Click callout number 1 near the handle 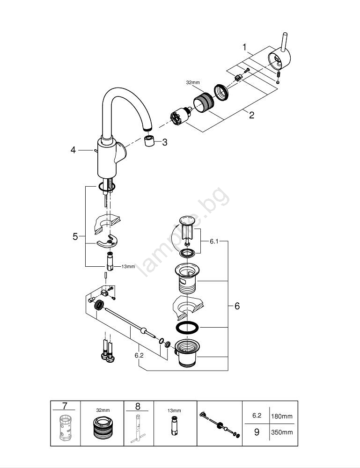pos(245,47)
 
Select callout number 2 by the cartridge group pos(252,115)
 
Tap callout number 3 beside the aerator pos(165,142)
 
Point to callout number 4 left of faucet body pos(73,150)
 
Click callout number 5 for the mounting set pos(75,236)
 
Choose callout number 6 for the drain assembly pos(237,306)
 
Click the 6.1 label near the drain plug pos(214,241)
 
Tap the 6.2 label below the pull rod pos(139,355)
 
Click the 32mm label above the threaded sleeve pos(193,82)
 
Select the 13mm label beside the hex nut pos(128,266)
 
